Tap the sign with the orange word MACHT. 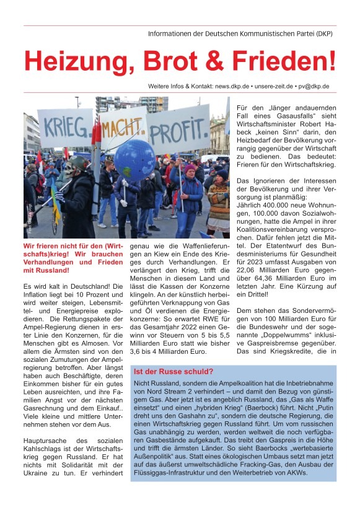pyautogui.click(x=123, y=128)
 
